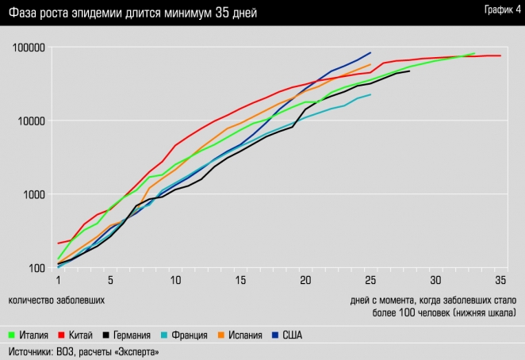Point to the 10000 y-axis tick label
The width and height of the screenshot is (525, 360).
point(33,121)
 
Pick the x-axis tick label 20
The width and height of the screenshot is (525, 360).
point(305,281)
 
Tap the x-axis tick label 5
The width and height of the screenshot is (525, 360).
point(111,281)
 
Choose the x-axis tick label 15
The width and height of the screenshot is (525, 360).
point(241,281)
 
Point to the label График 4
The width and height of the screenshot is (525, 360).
point(498,9)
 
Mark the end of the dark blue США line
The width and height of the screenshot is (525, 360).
point(370,53)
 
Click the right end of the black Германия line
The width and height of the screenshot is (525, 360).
point(409,71)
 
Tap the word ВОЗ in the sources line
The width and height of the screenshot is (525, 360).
point(69,351)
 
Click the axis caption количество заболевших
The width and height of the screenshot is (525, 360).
point(57,301)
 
